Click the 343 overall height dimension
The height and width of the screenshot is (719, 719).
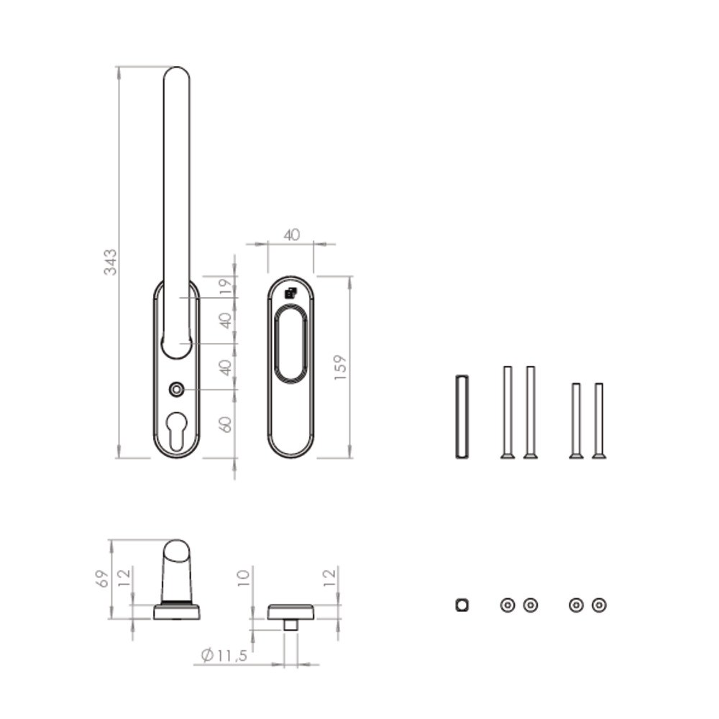[x=111, y=262]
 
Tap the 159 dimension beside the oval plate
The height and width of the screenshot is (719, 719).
[x=341, y=367]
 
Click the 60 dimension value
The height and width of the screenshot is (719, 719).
[x=226, y=424]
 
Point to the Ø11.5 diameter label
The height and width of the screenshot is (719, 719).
[x=224, y=655]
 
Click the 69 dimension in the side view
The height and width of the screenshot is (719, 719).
[x=102, y=579]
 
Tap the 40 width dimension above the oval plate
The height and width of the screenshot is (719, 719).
[x=292, y=235]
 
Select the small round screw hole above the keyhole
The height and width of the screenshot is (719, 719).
[x=177, y=390]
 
